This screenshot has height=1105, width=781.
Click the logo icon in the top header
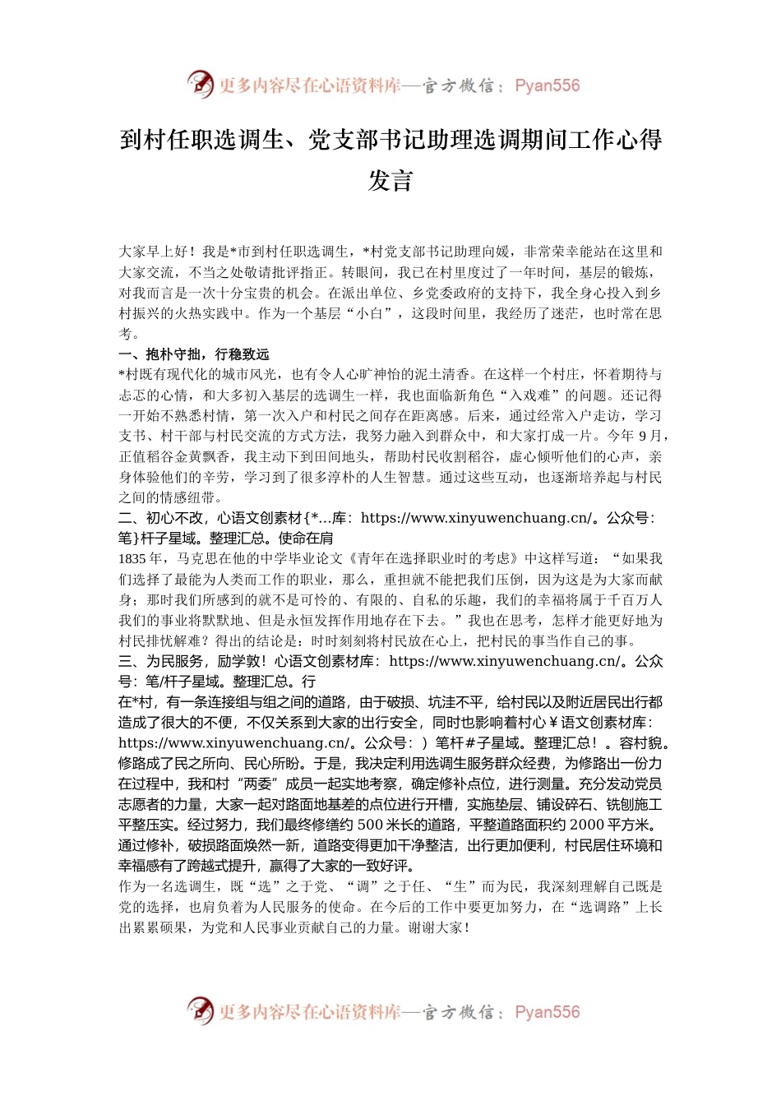[x=200, y=84]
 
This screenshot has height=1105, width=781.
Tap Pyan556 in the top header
[x=547, y=86]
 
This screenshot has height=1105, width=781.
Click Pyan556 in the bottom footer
[x=547, y=1012]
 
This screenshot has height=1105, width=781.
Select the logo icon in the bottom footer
[x=200, y=1010]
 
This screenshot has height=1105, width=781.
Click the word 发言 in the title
[x=390, y=180]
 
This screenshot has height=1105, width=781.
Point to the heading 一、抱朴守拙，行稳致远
[x=194, y=354]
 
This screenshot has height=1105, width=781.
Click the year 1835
[x=132, y=559]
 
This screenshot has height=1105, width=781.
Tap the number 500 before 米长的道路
[x=371, y=825]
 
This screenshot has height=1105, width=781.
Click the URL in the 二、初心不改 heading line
[x=476, y=518]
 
